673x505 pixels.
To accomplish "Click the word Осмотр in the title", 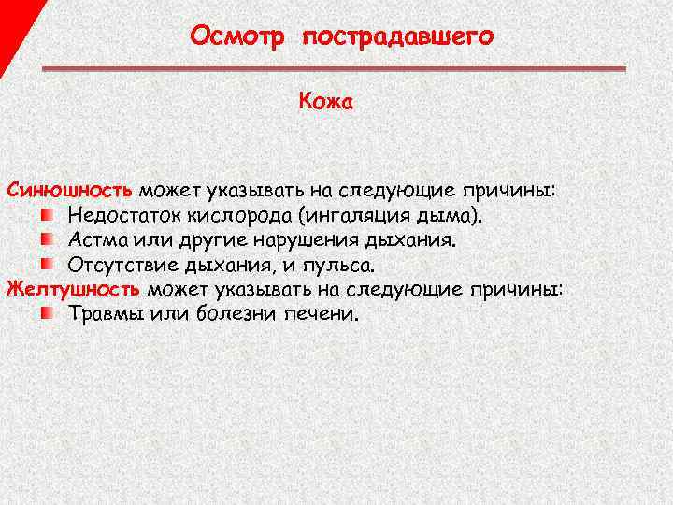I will coord(236,36).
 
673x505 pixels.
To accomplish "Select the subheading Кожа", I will coord(325,101).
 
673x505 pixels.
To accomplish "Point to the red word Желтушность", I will coord(73,288).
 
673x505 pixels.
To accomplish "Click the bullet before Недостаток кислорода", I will coord(46,216).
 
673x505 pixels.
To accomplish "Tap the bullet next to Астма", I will coord(46,240).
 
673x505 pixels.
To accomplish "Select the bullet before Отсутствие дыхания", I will coord(46,265).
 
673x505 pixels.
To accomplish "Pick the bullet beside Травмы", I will coord(46,312).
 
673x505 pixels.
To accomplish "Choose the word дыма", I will coord(452,216).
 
